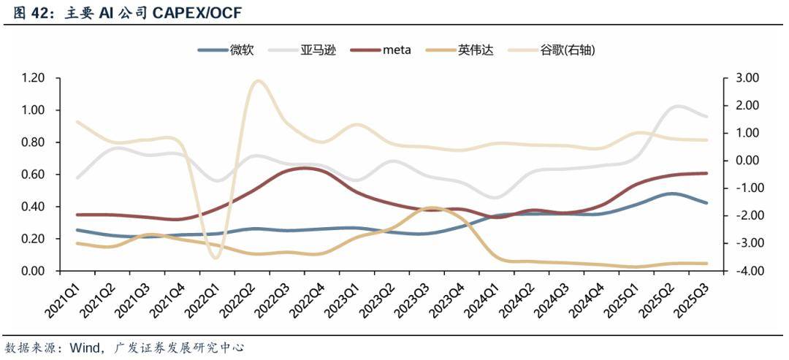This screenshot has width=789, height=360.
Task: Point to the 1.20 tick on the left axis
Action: (x=33, y=78)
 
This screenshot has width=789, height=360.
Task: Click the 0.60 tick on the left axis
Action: (x=33, y=175)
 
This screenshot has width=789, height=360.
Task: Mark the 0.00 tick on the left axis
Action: (x=33, y=271)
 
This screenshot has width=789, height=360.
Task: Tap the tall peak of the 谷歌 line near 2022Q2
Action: (x=256, y=81)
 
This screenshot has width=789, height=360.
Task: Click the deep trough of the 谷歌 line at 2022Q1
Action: (x=215, y=257)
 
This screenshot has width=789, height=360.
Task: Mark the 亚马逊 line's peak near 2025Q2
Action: (x=677, y=107)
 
